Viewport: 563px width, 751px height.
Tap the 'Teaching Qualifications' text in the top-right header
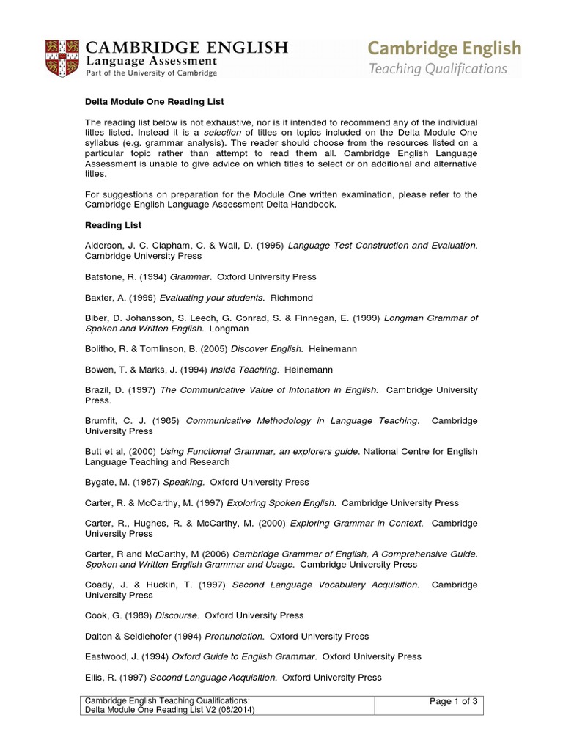[438, 70]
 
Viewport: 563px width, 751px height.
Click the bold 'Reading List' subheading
[114, 225]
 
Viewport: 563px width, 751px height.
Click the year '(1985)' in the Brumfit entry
[167, 421]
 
